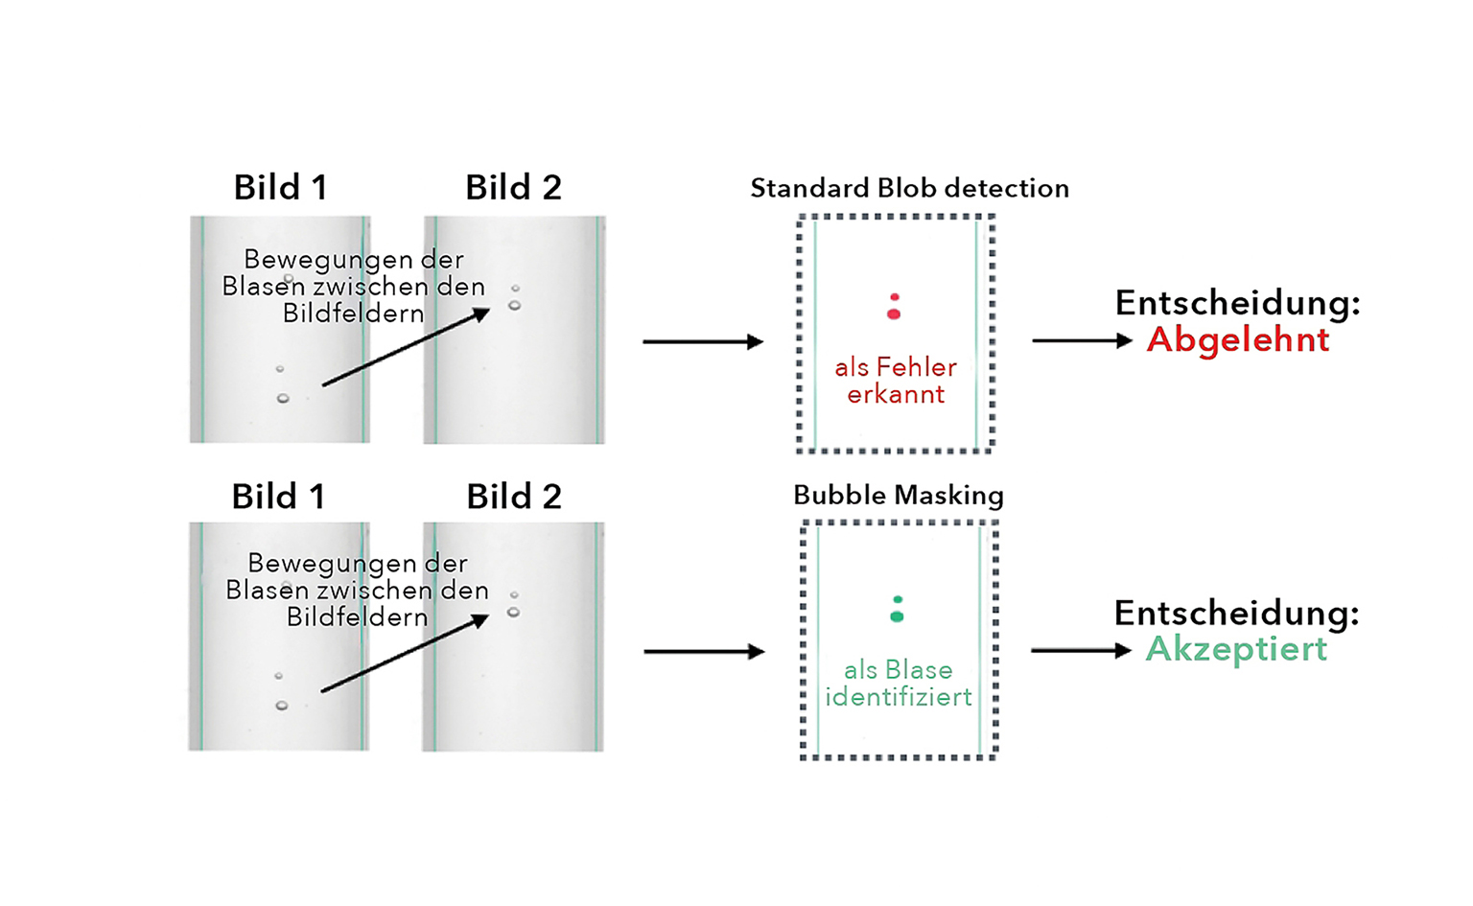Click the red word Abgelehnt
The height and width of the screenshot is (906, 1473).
(x=1237, y=339)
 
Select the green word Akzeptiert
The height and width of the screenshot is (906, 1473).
(x=1236, y=649)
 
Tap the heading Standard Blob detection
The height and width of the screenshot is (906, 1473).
(x=909, y=188)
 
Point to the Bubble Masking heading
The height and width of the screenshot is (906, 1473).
(x=898, y=495)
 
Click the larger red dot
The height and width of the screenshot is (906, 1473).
(x=894, y=314)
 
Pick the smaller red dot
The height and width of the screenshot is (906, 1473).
(x=895, y=297)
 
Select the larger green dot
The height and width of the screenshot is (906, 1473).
(x=897, y=616)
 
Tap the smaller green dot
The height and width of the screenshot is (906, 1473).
(x=898, y=600)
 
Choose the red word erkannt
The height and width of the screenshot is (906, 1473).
(x=896, y=394)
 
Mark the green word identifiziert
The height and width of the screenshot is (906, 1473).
(x=899, y=697)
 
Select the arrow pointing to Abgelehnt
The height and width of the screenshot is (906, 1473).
(x=1082, y=340)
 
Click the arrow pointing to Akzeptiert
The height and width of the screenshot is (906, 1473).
(x=1081, y=650)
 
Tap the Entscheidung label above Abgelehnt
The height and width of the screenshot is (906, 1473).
(x=1237, y=303)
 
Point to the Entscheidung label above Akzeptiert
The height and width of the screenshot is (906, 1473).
(x=1236, y=613)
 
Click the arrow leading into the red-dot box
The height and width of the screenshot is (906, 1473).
(x=703, y=341)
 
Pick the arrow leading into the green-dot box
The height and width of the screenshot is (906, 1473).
(x=704, y=652)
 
